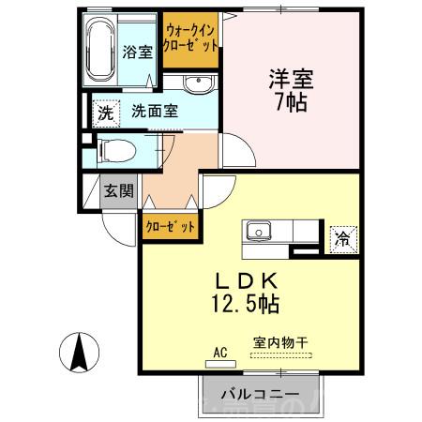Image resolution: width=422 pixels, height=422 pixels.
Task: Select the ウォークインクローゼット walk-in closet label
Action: pos(191,38)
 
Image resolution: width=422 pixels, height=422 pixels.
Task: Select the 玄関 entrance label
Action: pos(118,191)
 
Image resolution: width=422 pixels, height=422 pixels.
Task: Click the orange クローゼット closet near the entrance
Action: pos(171,226)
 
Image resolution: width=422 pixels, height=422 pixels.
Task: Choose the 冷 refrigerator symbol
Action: pos(343,238)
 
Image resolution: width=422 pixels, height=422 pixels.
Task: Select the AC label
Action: pos(221,353)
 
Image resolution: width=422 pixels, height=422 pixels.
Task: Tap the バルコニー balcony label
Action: pos(260,393)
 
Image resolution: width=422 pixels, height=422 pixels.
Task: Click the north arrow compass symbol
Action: pos(81,353)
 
